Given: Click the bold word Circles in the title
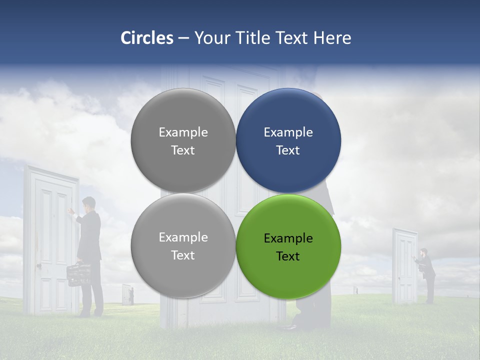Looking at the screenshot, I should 147,38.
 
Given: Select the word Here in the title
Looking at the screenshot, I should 332,38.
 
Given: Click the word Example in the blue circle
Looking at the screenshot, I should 288,132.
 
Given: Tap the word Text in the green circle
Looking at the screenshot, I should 288,256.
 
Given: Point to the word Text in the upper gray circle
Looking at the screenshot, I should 183,150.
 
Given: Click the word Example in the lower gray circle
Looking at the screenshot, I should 183,237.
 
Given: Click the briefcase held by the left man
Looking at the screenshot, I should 78,273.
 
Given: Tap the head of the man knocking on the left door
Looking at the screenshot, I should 89,203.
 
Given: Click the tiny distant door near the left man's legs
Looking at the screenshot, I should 126,294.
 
